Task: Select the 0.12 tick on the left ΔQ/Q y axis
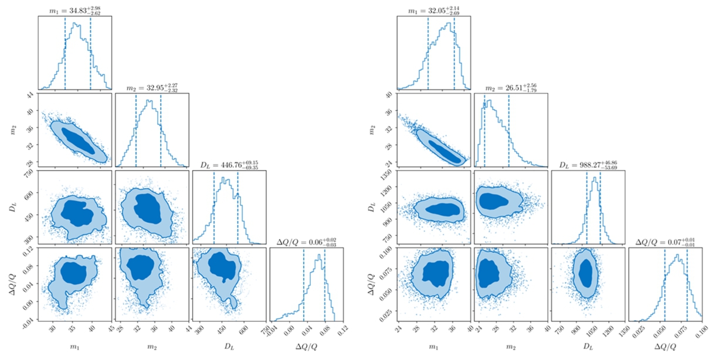tap(28, 249)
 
